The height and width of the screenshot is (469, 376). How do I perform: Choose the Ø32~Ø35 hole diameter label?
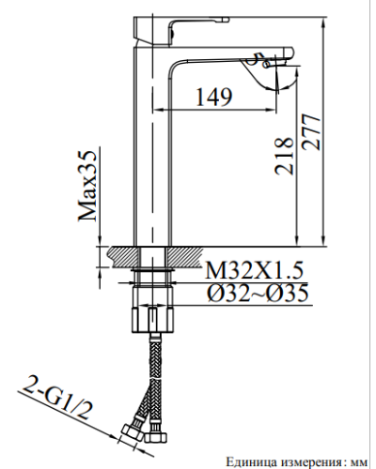click(252, 295)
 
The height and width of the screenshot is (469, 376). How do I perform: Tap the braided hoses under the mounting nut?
click(151, 375)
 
